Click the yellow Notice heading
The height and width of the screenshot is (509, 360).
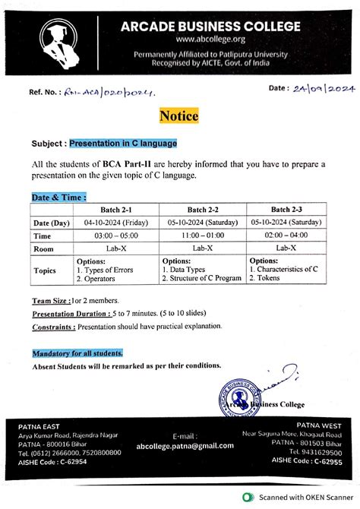pos(179,116)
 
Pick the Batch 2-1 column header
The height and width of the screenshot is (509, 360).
pos(118,209)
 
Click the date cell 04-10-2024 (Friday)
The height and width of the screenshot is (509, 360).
pos(118,223)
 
